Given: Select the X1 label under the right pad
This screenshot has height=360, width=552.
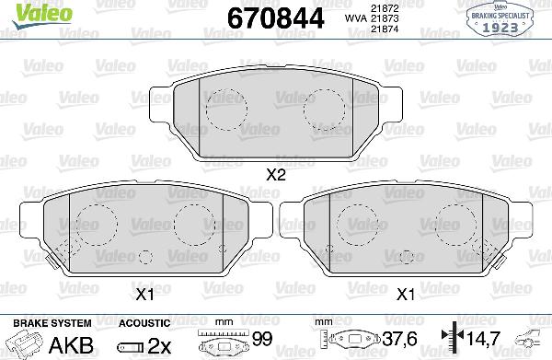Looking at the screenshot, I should [406, 294].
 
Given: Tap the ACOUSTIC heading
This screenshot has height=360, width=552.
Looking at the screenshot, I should [144, 322].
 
